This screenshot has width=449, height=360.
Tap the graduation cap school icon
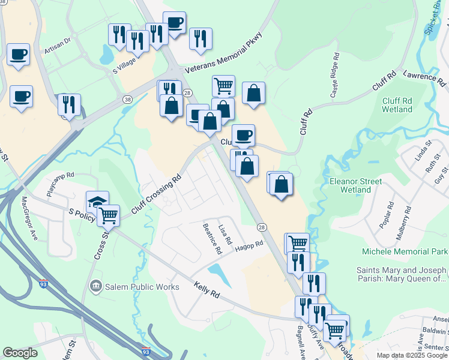(97, 202)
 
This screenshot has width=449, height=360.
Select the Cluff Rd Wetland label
(397, 105)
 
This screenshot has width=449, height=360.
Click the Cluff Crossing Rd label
(156, 196)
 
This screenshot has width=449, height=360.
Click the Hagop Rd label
(249, 245)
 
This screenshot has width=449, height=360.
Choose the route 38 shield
(127, 100)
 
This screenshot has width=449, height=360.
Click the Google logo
(20, 353)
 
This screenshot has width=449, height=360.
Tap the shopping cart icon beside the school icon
(109, 214)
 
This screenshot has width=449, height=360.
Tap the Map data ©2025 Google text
(412, 355)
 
